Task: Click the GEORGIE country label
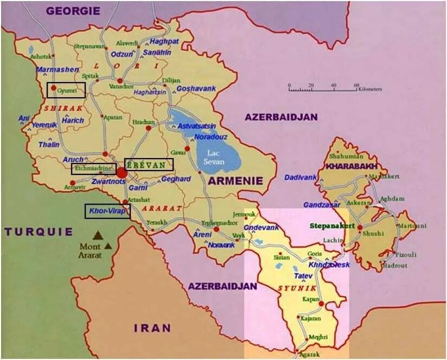[73, 10]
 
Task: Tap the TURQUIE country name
[39, 232]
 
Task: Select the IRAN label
[152, 328]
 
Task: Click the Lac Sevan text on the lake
[213, 157]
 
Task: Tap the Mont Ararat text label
[90, 250]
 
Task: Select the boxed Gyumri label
[66, 90]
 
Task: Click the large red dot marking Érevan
[122, 173]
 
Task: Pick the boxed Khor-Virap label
[107, 211]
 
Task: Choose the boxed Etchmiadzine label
[93, 169]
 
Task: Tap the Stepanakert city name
[333, 225]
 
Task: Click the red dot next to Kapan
[321, 304]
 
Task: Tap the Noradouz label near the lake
[210, 137]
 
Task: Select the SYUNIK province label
[293, 288]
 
